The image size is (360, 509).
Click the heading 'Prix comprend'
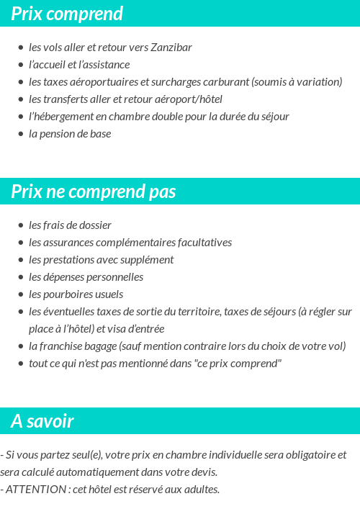pos(67,14)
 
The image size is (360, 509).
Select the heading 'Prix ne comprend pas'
pos(93,192)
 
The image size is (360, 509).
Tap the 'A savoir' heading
pos(42,421)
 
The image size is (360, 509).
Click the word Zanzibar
pos(171,48)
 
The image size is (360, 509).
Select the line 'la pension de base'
pos(70,134)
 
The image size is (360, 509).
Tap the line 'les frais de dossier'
pos(70,225)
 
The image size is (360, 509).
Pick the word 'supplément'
pos(149,260)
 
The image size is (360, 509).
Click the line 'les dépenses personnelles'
pos(86,277)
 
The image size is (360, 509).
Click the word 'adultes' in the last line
pos(200,490)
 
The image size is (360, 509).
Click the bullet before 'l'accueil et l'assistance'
pos(21,66)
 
